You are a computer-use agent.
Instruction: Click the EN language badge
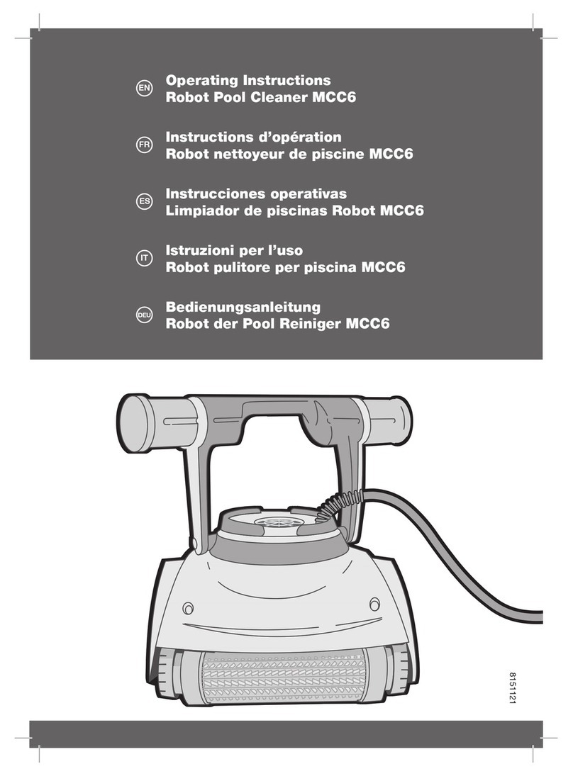pyautogui.click(x=144, y=89)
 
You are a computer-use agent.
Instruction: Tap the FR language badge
pyautogui.click(x=144, y=145)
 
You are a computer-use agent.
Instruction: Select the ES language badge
pyautogui.click(x=144, y=201)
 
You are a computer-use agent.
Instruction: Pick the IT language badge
pyautogui.click(x=144, y=258)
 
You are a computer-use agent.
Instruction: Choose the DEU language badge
pyautogui.click(x=144, y=315)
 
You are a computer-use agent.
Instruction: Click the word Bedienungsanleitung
pyautogui.click(x=243, y=308)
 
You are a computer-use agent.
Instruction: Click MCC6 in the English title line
pyautogui.click(x=334, y=97)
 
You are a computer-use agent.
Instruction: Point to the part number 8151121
pyautogui.click(x=513, y=688)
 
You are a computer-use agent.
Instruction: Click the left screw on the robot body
pyautogui.click(x=188, y=608)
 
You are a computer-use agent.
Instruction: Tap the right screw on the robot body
pyautogui.click(x=375, y=604)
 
